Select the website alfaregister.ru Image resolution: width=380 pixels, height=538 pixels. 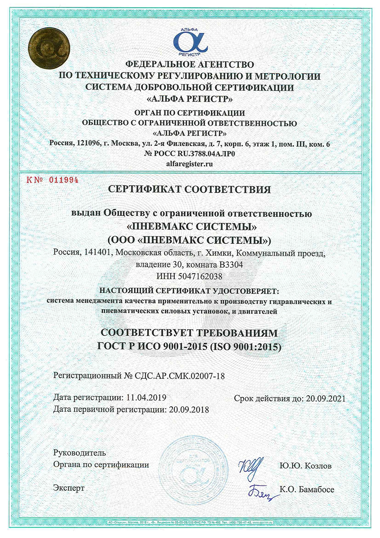click(190, 164)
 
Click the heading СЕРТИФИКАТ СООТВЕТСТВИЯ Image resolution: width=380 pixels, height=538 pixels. click(189, 189)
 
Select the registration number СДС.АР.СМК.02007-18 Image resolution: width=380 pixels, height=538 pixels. click(180, 376)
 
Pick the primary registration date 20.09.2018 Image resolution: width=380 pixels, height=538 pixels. click(189, 409)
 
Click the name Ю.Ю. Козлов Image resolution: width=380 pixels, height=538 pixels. click(306, 466)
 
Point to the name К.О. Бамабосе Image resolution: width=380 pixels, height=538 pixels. click(307, 489)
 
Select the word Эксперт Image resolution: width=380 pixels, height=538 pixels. click(69, 488)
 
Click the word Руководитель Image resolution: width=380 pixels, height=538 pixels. click(80, 453)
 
